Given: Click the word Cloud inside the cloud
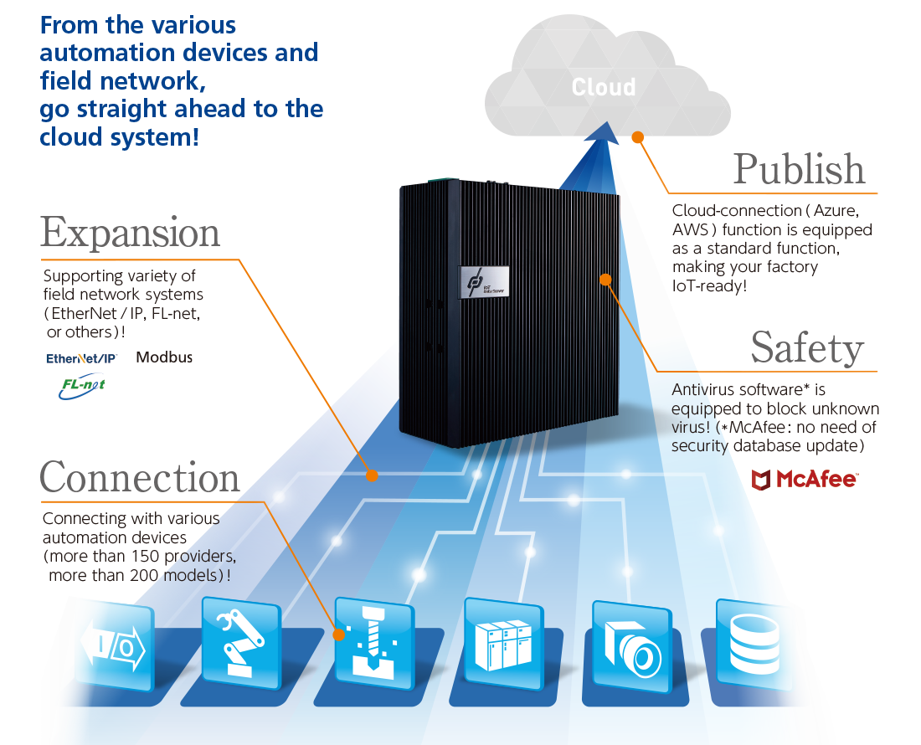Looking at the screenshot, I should [x=603, y=87].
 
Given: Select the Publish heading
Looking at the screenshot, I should [x=799, y=169].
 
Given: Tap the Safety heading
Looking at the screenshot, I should [x=806, y=348].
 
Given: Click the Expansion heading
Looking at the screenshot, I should [x=131, y=233].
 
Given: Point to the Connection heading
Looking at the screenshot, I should [x=140, y=477].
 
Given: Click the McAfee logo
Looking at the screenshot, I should [x=804, y=479].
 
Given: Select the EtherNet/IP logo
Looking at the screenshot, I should [x=81, y=357].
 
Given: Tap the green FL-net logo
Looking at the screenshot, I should [x=82, y=387].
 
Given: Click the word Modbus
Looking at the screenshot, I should [x=164, y=357].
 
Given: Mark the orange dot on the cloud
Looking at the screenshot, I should [x=637, y=136].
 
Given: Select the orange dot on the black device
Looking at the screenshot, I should [x=605, y=280].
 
